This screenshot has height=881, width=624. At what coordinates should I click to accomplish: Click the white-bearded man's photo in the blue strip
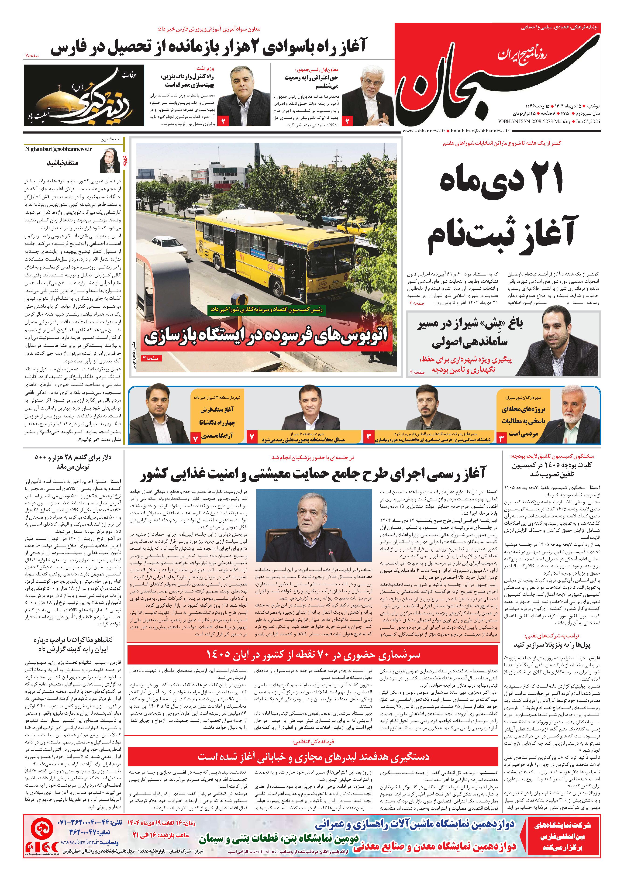[x=577, y=415]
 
